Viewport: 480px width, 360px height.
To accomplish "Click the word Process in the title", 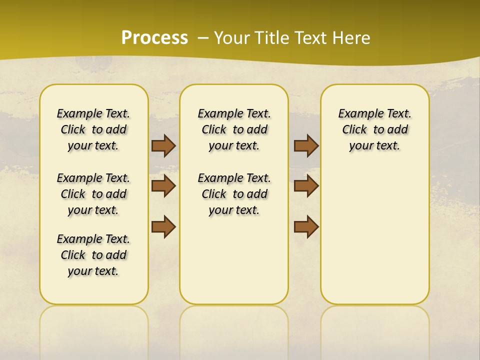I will [x=154, y=38].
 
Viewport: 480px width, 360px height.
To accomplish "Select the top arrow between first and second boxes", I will [x=163, y=145].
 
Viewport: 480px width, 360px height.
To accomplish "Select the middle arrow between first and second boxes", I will [x=163, y=186].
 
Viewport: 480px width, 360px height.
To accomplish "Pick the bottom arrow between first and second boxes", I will [x=163, y=226].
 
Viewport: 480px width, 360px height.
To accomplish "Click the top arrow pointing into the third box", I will [x=306, y=145].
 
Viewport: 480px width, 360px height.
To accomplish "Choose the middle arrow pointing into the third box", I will [x=306, y=186].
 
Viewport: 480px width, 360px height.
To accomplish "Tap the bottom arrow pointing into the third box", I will [x=306, y=226].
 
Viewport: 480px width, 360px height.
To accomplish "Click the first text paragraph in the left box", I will [x=93, y=129].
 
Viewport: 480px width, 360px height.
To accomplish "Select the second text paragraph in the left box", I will [x=93, y=194].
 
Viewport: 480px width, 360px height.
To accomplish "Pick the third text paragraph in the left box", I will [x=93, y=255].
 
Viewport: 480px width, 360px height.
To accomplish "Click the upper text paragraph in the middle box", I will [x=234, y=129].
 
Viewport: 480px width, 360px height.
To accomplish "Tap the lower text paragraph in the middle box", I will [x=234, y=194].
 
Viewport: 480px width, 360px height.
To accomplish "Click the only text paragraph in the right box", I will [x=374, y=129].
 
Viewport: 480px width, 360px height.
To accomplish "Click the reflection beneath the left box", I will [x=94, y=325].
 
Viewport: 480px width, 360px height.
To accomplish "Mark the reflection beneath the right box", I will [x=375, y=325].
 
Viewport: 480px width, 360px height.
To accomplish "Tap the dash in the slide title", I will [x=203, y=38].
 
